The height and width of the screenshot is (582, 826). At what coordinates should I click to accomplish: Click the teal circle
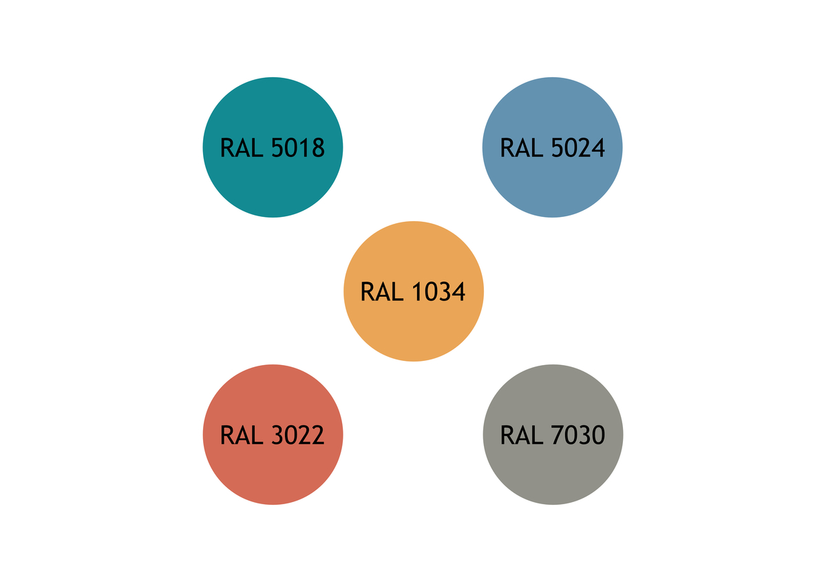(273, 147)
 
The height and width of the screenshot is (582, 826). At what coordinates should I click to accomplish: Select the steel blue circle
(552, 147)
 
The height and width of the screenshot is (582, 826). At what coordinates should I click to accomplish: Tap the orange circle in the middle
(414, 291)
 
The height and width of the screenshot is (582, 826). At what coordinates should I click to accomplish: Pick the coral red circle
(273, 435)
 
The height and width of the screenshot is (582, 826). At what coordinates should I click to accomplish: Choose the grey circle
(553, 435)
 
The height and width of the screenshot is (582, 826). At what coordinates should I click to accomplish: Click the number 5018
(298, 147)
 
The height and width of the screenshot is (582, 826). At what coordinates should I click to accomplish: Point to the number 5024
(578, 147)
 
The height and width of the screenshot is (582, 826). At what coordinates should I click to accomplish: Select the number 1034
(439, 291)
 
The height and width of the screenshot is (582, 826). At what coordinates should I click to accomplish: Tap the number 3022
(298, 435)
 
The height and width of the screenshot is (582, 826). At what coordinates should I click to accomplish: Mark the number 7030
(578, 435)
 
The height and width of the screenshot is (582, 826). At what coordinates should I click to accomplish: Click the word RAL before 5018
(242, 147)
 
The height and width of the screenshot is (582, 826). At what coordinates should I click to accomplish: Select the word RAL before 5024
(522, 147)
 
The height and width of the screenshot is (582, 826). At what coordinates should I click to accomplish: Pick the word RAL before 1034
(383, 291)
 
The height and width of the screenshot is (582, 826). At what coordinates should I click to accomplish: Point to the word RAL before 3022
(242, 435)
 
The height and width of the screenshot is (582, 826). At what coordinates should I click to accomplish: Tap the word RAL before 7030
(522, 435)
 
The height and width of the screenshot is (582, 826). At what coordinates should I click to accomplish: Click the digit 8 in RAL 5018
(319, 147)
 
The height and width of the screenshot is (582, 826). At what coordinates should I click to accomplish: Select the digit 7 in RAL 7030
(558, 435)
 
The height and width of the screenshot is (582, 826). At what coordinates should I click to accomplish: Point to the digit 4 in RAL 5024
(598, 147)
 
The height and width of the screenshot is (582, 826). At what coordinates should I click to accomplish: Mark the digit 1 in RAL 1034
(419, 291)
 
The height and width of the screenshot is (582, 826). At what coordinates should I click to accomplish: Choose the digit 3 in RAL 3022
(277, 435)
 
